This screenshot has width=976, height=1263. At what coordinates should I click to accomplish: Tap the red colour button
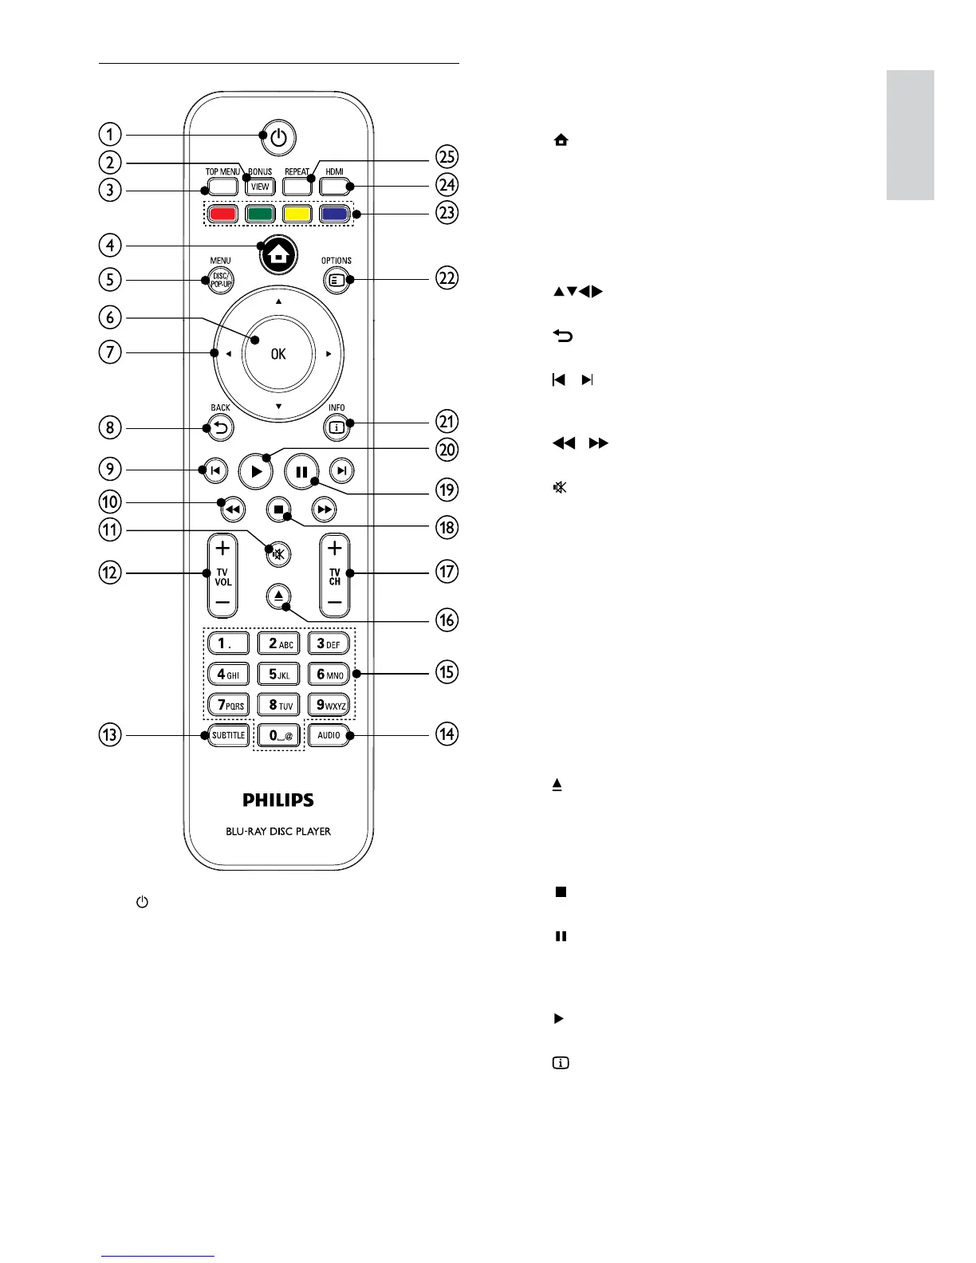tap(224, 214)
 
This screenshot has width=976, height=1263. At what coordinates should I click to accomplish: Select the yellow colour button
tap(297, 214)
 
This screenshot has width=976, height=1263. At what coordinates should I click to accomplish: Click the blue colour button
tap(333, 214)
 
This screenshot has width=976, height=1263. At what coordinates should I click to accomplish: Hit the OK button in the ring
tap(278, 354)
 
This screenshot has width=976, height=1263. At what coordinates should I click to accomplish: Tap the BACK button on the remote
tap(220, 428)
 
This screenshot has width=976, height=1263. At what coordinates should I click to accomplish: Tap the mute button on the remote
tap(277, 554)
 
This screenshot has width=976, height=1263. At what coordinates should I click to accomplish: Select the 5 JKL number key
tap(278, 674)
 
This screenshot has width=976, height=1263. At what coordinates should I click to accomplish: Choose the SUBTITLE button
tap(229, 735)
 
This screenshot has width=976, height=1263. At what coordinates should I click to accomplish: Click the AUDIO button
tap(329, 735)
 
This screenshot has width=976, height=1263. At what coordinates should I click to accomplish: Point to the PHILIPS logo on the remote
tap(278, 800)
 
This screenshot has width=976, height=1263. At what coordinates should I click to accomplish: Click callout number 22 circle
tap(447, 278)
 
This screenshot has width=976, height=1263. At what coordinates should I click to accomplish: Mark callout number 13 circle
tap(110, 734)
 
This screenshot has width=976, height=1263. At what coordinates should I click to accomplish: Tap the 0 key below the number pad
tap(278, 735)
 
